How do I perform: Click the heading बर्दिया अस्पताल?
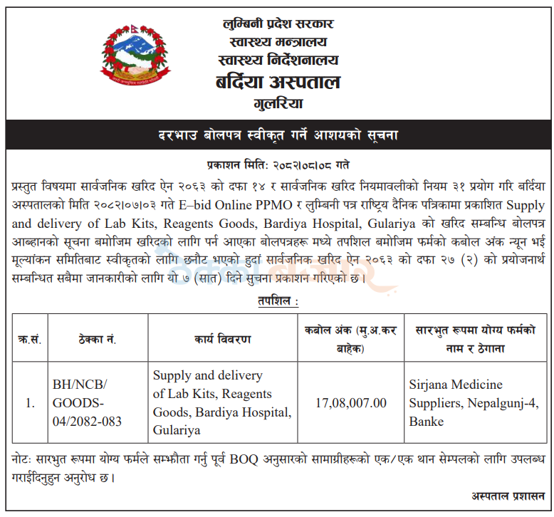click(x=278, y=82)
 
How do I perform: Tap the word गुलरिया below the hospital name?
click(x=278, y=105)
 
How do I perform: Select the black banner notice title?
click(x=277, y=135)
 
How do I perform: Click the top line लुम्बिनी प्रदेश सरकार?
click(x=278, y=23)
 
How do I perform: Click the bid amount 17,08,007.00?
click(x=351, y=403)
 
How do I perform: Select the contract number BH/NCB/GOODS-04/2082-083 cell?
click(x=88, y=403)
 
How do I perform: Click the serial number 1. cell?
click(x=30, y=403)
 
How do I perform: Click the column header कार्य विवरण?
click(x=223, y=340)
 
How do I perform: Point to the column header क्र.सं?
click(x=29, y=340)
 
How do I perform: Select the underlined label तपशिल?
click(x=278, y=302)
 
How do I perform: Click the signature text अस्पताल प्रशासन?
click(x=508, y=496)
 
